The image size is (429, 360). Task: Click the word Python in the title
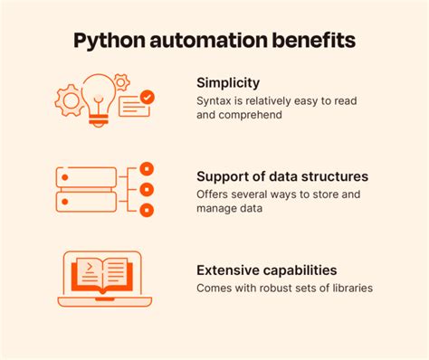point(109,42)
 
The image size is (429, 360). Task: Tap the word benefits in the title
point(313,42)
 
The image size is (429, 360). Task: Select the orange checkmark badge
point(148,96)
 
